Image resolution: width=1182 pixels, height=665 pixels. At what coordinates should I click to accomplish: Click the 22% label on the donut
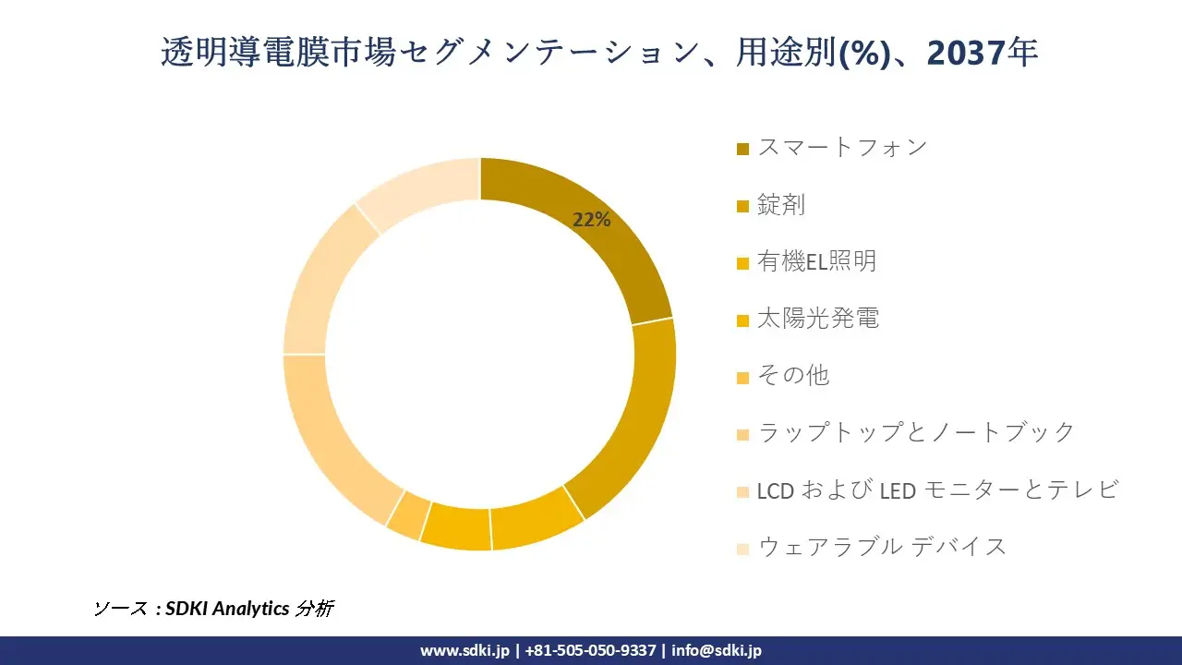pyautogui.click(x=592, y=220)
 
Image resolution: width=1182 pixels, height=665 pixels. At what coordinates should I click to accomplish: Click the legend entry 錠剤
pyautogui.click(x=781, y=204)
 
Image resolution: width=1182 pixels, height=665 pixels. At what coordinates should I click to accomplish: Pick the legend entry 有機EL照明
pyautogui.click(x=816, y=261)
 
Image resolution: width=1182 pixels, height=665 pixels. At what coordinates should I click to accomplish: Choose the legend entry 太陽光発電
pyautogui.click(x=817, y=319)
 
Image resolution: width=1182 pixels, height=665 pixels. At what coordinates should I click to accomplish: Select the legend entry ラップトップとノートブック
pyautogui.click(x=916, y=432)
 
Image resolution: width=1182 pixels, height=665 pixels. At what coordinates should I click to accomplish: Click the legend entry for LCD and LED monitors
pyautogui.click(x=937, y=490)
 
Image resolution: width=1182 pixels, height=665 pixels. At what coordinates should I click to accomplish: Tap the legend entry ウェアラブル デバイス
pyautogui.click(x=882, y=546)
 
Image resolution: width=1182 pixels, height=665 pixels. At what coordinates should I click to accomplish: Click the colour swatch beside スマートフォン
pyautogui.click(x=743, y=149)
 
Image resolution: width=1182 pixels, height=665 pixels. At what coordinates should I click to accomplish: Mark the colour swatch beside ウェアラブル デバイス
pyautogui.click(x=743, y=549)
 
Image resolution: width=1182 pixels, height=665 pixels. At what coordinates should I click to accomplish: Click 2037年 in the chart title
pyautogui.click(x=983, y=53)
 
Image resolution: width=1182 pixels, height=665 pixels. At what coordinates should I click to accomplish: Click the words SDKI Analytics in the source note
pyautogui.click(x=225, y=609)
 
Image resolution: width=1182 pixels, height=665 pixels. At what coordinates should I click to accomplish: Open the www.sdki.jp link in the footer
pyautogui.click(x=464, y=650)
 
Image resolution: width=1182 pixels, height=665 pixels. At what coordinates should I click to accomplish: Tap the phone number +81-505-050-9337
pyautogui.click(x=591, y=650)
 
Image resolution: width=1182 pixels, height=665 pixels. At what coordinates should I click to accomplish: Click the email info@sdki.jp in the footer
pyautogui.click(x=717, y=650)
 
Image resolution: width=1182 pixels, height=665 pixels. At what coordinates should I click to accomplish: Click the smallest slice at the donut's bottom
pyautogui.click(x=404, y=514)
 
